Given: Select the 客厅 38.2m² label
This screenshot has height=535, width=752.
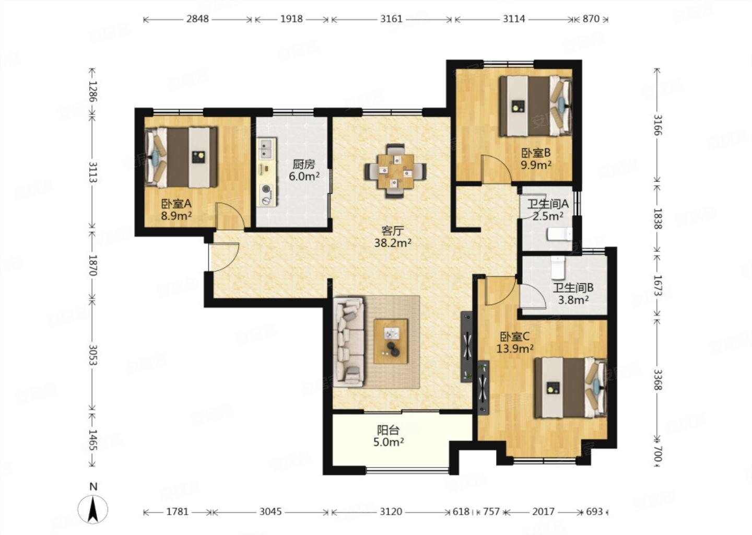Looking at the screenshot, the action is point(393,237).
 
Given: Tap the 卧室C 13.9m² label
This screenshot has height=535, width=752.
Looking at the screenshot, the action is point(515,342).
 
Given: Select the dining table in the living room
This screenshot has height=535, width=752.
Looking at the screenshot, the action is point(395,171).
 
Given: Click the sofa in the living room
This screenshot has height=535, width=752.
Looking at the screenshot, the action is point(348,342).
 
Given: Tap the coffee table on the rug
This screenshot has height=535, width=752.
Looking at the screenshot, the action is point(391,341).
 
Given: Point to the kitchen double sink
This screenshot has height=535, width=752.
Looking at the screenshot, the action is point(266,149).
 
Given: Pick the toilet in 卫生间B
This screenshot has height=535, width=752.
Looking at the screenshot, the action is point(559,267).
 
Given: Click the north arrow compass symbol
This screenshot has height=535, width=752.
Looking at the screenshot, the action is point(93,507).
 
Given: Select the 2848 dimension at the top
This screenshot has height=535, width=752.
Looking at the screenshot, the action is point(197,19).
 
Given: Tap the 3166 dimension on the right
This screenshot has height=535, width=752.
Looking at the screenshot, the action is point(657,125).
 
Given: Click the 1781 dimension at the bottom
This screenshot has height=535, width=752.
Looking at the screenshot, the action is point(177,511).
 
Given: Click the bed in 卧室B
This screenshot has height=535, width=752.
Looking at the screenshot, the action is point(535,106).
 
